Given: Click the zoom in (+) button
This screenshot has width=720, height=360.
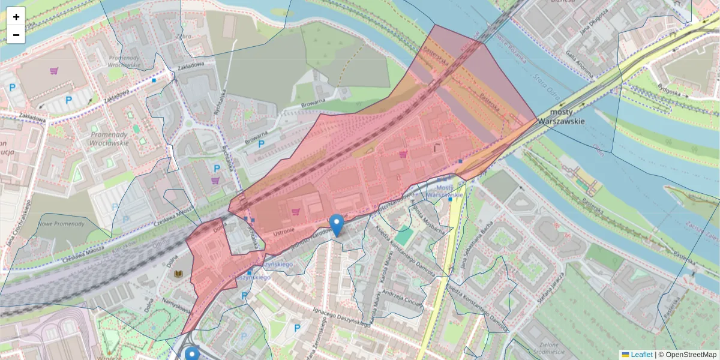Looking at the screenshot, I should (16, 17).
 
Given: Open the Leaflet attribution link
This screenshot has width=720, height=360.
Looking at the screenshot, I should (641, 355).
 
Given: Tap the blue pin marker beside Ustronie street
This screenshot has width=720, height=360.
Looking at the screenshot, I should (337, 225).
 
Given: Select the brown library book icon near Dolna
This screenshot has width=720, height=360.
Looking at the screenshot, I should (178, 274).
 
